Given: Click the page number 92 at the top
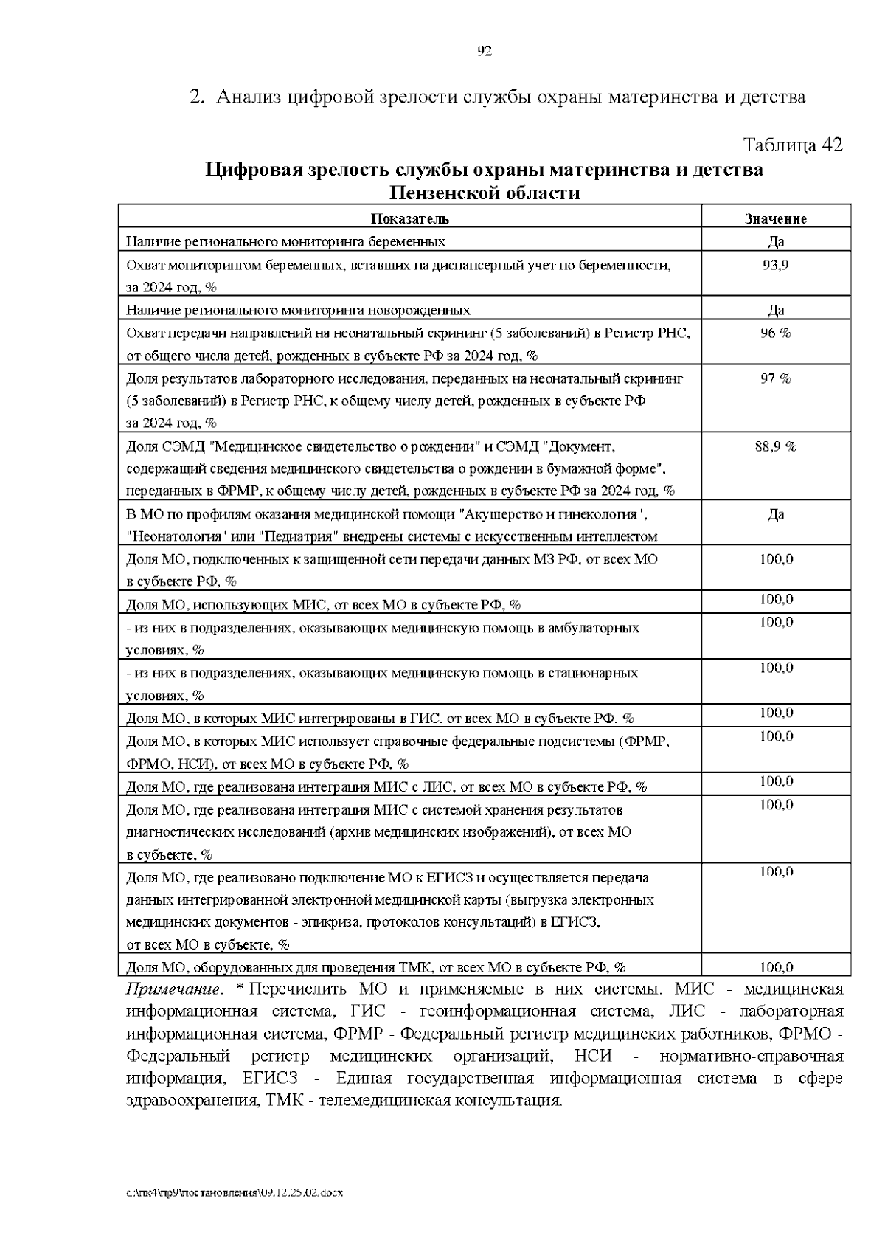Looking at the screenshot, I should (x=484, y=51).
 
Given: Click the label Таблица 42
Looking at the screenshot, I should (x=792, y=145).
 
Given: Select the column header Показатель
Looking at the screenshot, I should (x=409, y=218).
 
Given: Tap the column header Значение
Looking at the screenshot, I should (x=775, y=218).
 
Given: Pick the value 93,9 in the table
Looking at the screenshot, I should (x=775, y=264).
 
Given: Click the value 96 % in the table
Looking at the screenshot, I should (x=775, y=333).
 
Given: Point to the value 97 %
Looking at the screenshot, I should (x=775, y=378).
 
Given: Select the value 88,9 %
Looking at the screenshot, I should (x=775, y=446).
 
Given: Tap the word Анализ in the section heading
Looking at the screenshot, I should (x=249, y=97).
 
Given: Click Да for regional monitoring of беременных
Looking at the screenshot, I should (x=775, y=241).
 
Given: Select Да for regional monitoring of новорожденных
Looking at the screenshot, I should (x=775, y=310).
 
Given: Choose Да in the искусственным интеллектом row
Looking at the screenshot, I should (x=775, y=514).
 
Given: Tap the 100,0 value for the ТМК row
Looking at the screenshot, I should (x=776, y=967).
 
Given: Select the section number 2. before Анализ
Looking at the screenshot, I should (x=196, y=97).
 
